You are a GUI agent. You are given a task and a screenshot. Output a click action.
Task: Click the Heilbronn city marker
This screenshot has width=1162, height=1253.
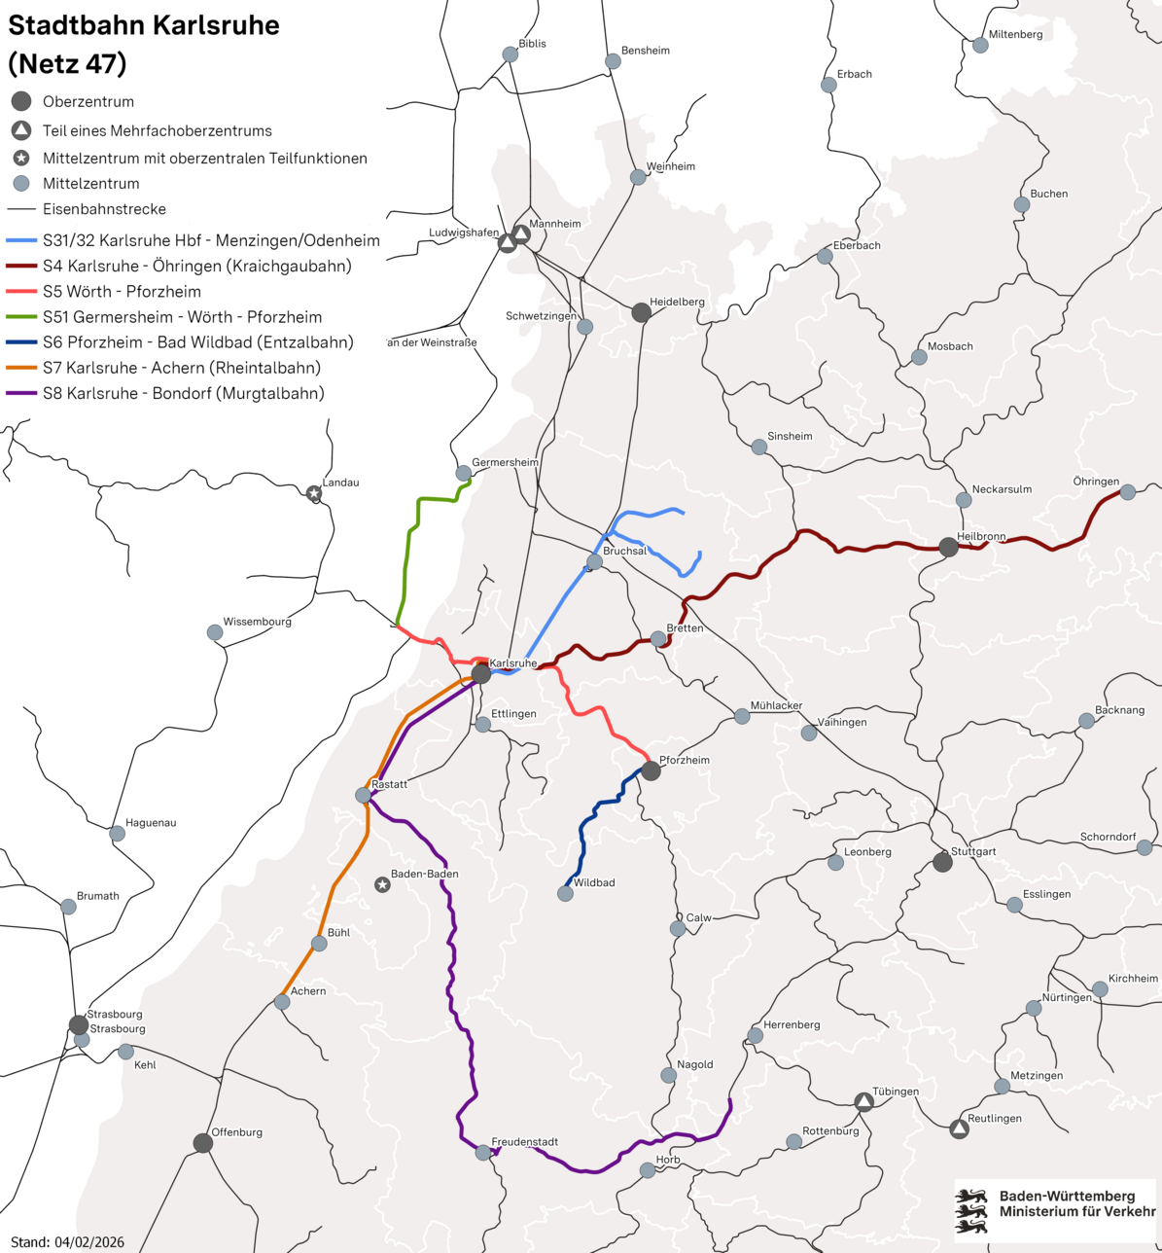[948, 547]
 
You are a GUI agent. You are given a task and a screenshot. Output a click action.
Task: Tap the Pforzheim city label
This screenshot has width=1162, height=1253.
[685, 760]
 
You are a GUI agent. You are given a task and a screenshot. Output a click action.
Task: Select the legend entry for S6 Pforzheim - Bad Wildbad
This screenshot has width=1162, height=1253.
[197, 342]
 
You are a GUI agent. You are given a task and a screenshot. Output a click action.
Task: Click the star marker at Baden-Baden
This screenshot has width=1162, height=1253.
[383, 884]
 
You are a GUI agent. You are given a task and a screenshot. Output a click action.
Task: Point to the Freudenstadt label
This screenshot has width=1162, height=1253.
[524, 1142]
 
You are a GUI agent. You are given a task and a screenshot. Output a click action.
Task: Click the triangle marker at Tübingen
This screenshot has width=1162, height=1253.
[863, 1101]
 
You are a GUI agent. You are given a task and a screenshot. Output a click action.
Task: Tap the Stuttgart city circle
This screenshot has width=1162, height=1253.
[942, 862]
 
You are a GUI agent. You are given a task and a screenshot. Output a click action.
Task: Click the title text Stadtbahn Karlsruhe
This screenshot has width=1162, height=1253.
[143, 26]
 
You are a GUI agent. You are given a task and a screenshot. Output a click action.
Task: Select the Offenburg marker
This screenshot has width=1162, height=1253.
[202, 1143]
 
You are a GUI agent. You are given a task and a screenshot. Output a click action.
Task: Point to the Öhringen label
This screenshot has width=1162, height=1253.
[1096, 482]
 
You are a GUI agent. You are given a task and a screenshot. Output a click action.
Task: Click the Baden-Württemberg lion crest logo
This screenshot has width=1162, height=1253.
[973, 1210]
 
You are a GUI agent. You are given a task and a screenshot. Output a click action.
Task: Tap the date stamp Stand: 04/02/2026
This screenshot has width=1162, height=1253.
[67, 1242]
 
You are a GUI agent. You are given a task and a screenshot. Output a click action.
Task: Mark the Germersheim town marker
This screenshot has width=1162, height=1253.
[464, 473]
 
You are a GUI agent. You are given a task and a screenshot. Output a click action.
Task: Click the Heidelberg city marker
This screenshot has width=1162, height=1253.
[641, 312]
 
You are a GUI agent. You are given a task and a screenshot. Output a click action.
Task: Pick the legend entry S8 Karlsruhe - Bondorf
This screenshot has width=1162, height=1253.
[183, 393]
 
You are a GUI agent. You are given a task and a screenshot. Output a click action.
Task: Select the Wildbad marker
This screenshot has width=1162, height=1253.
[565, 893]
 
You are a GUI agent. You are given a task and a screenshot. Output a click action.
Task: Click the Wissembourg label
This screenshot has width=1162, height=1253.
[257, 622]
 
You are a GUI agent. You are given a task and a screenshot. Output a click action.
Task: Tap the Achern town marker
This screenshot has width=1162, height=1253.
[282, 1002]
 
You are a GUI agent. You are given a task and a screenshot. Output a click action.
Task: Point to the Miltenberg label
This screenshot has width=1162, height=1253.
[1015, 34]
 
